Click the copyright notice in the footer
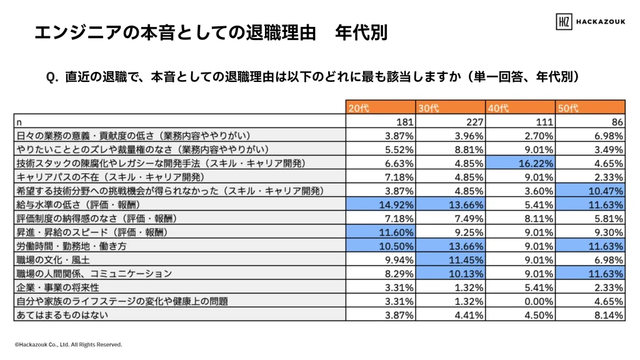tap(68, 344)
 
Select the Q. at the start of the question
tap(52, 77)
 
